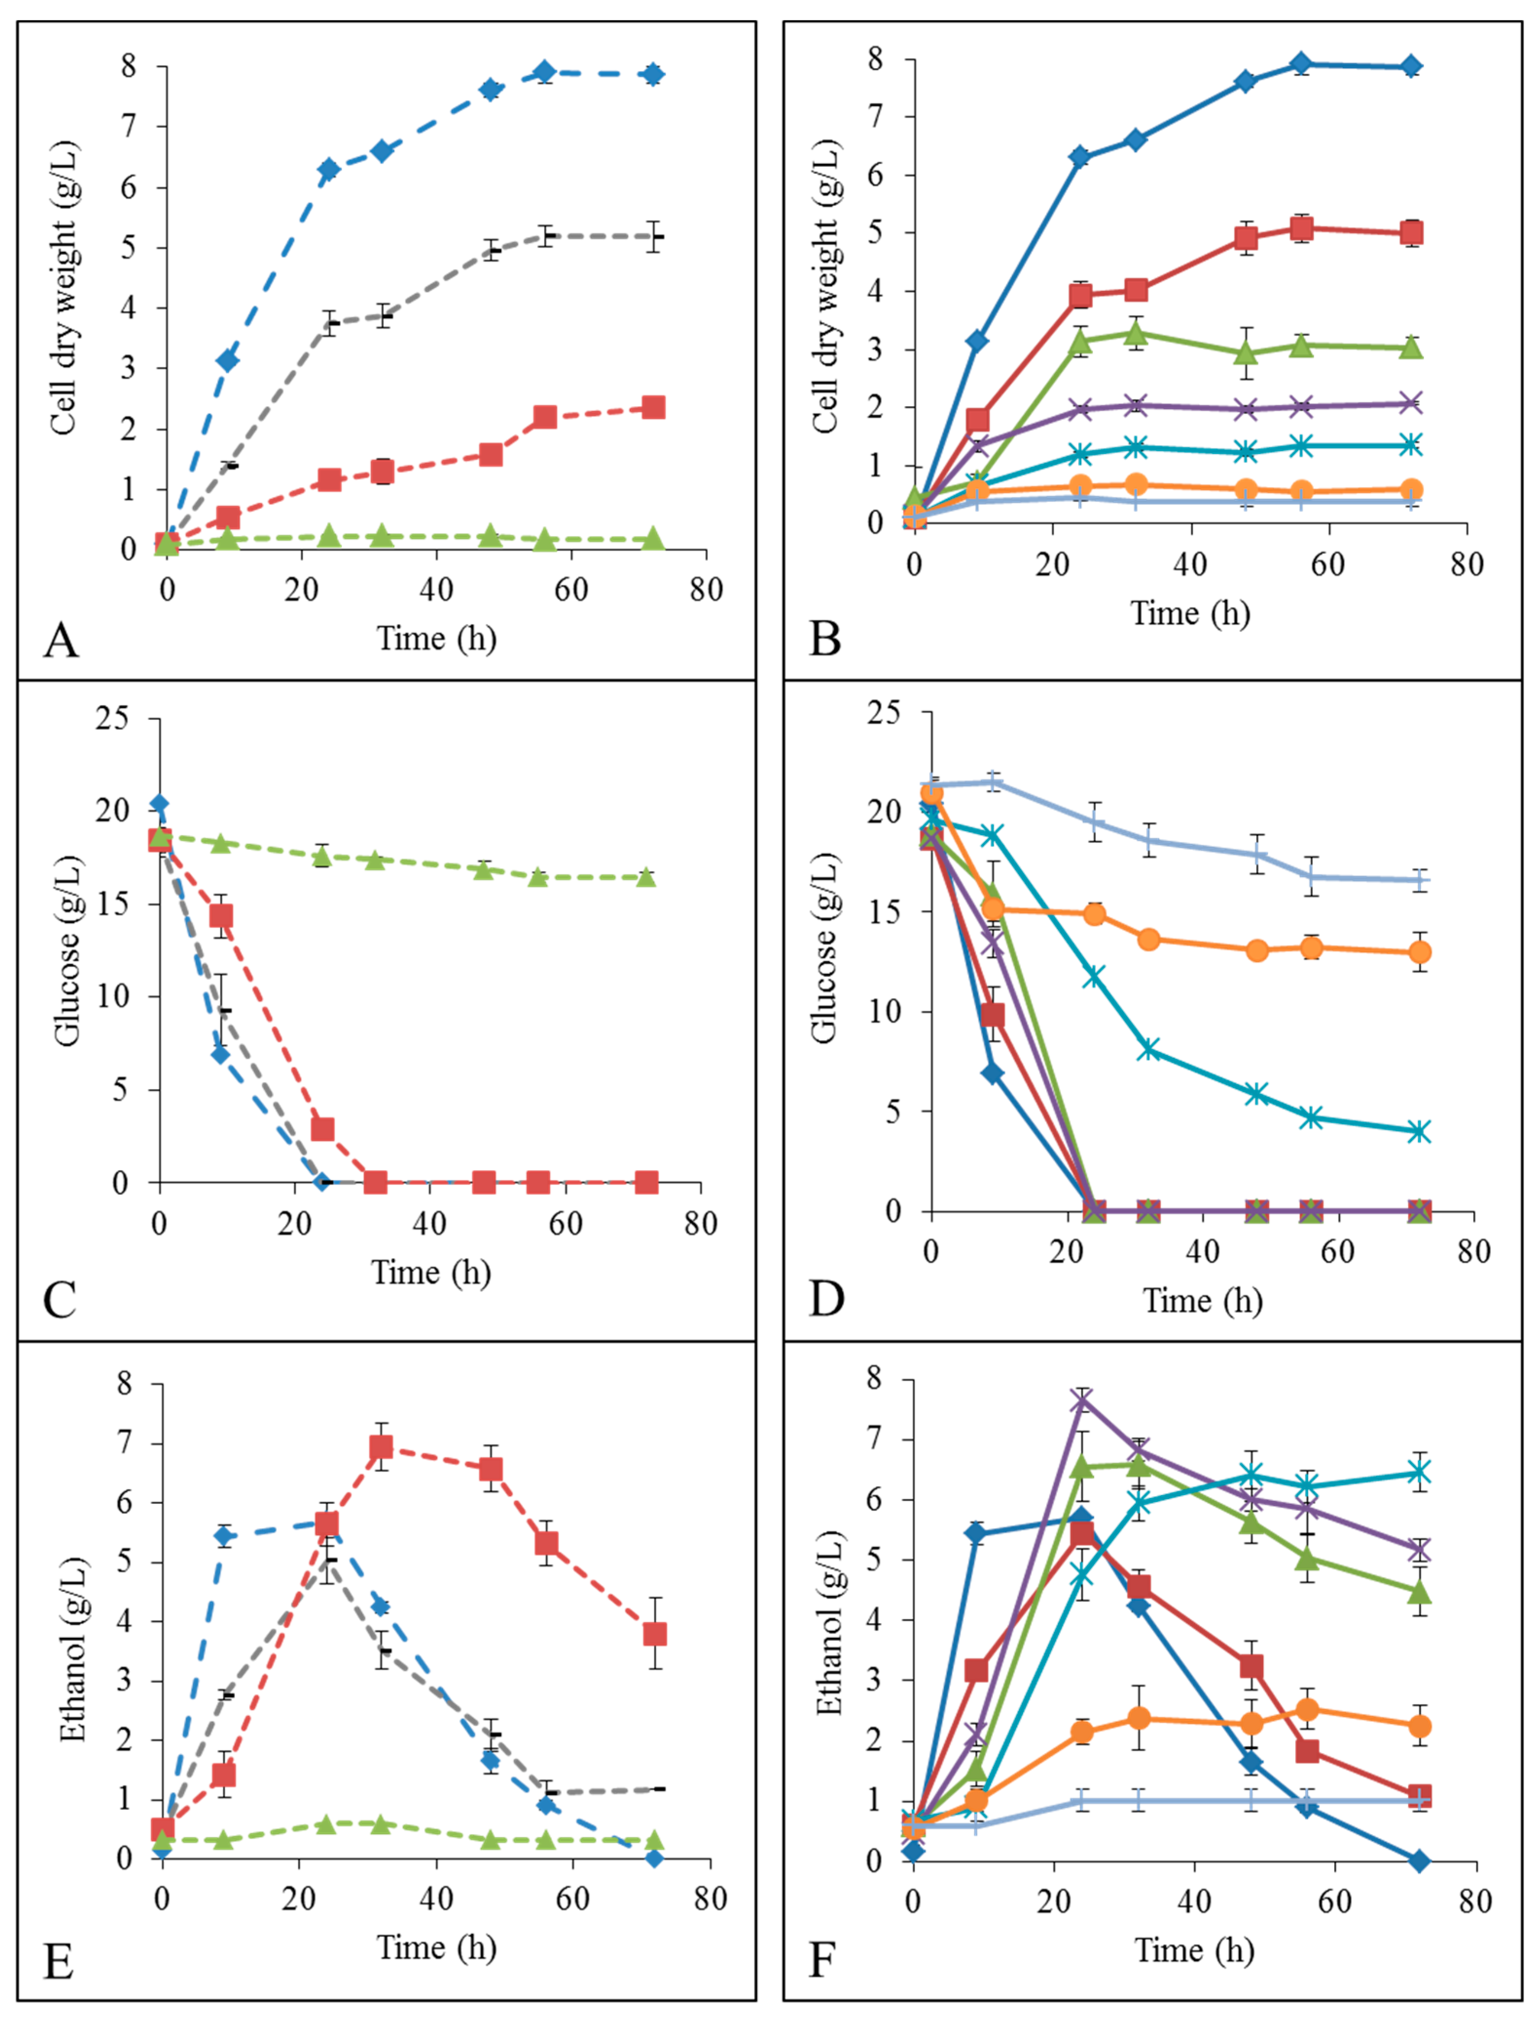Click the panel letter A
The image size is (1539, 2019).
[x=60, y=640]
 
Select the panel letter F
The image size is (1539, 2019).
[x=822, y=1960]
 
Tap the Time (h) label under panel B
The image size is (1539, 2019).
[x=1190, y=613]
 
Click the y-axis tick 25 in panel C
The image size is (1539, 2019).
[x=112, y=718]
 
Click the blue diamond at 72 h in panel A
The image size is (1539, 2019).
[x=652, y=74]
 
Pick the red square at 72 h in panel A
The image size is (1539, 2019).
[x=652, y=408]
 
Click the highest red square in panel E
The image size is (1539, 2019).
[x=381, y=1447]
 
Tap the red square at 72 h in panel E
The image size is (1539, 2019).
[x=654, y=1634]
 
